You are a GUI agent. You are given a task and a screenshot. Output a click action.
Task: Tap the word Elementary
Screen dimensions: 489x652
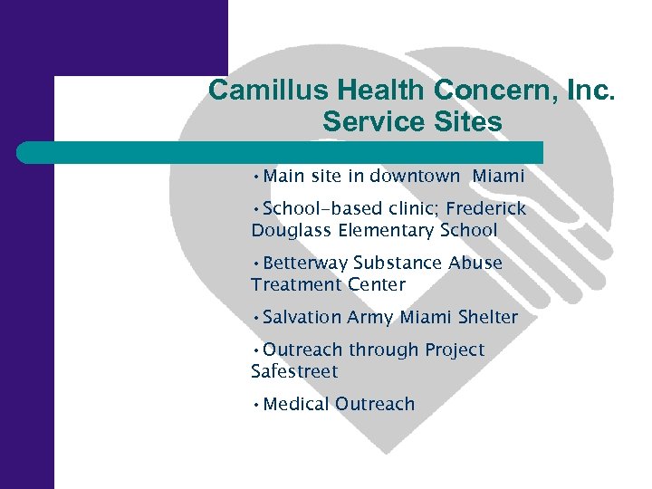pyautogui.click(x=387, y=231)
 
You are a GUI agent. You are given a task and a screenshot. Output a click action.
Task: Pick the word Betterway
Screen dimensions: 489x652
pyautogui.click(x=305, y=264)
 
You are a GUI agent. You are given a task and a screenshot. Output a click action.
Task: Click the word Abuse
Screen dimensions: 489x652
pyautogui.click(x=475, y=264)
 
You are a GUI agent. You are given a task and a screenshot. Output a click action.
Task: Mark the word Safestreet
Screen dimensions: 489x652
pyautogui.click(x=294, y=371)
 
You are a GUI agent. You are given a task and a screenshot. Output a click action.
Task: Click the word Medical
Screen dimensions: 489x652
pyautogui.click(x=296, y=405)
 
